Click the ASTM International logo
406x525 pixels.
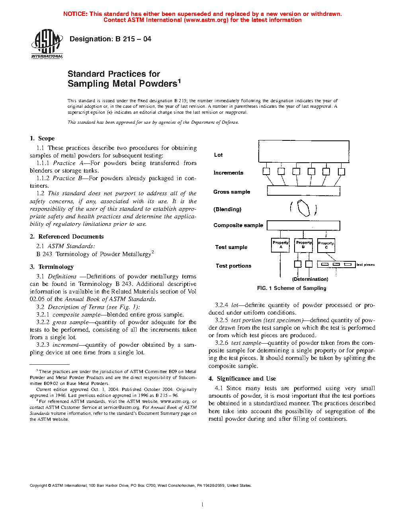(x=47, y=44)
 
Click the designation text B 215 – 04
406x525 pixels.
(x=110, y=39)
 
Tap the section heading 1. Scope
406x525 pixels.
(x=42, y=138)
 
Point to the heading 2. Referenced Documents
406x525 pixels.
(x=66, y=237)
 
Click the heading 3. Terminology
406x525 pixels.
(x=52, y=267)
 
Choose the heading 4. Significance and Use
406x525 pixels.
(x=242, y=379)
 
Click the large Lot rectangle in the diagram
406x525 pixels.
(x=304, y=151)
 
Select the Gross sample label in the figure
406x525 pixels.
(x=232, y=192)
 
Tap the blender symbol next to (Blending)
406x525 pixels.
(x=303, y=208)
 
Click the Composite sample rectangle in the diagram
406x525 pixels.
(x=303, y=226)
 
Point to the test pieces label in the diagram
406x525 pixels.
(x=365, y=264)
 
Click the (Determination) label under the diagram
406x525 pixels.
(x=310, y=279)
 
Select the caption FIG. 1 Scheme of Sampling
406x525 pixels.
(x=291, y=288)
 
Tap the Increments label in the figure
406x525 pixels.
(x=228, y=173)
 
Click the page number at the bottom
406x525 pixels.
(x=203, y=504)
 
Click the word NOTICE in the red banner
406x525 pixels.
(x=75, y=14)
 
